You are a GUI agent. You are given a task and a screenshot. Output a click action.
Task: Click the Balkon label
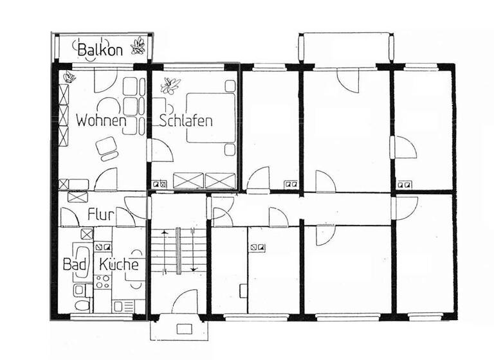[x=100, y=49]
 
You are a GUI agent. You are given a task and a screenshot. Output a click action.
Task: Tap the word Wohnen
[x=100, y=120]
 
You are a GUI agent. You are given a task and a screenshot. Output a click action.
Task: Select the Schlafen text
[x=185, y=120]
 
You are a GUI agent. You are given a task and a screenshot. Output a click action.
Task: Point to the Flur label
[x=100, y=215]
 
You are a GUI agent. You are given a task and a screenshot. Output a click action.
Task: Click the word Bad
[x=73, y=264]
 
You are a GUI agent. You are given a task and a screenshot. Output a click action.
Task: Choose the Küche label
[x=119, y=264]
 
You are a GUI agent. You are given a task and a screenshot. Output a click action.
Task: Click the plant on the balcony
[x=137, y=47]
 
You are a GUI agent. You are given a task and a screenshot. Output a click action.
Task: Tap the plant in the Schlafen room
[x=172, y=84]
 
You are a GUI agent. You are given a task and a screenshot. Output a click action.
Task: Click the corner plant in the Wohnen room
[x=68, y=78]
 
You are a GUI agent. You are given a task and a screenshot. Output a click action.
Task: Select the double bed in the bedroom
[x=211, y=116]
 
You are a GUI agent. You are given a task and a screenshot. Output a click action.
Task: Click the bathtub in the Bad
[x=83, y=262]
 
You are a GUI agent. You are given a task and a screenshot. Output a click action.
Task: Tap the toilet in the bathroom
[x=80, y=305]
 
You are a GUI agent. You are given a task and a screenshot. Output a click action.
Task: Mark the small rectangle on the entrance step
[x=184, y=328]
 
